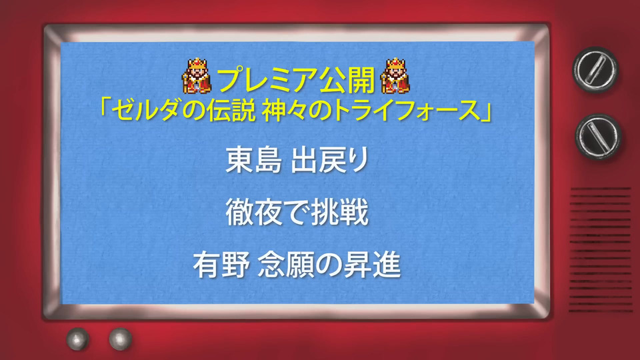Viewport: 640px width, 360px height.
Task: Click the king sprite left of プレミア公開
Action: click(197, 76)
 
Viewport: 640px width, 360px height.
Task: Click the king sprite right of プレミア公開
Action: click(395, 76)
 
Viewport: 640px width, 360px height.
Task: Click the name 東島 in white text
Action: click(253, 160)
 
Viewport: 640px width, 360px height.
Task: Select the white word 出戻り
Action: click(330, 160)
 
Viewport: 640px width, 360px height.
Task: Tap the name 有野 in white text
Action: click(221, 265)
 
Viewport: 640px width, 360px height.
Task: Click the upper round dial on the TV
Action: click(595, 69)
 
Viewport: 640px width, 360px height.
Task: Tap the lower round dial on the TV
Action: click(599, 136)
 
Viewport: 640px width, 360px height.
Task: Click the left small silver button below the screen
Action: click(78, 339)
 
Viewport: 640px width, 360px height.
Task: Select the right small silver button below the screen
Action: click(121, 339)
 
